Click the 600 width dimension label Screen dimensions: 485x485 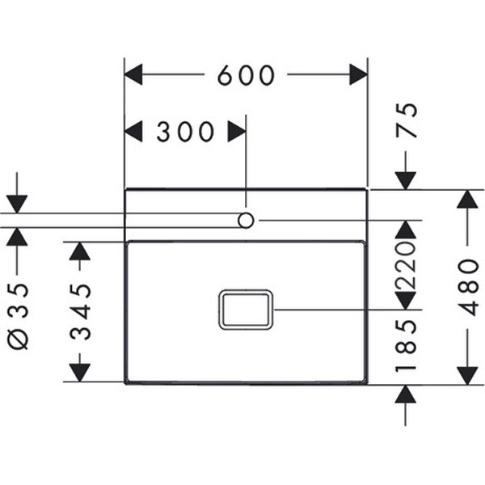[x=247, y=75]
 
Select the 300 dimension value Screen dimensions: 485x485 [x=185, y=132]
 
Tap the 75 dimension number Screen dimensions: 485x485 [x=409, y=120]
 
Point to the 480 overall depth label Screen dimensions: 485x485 [x=469, y=287]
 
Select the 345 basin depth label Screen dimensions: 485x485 [x=79, y=312]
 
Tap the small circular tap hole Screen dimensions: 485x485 [x=246, y=220]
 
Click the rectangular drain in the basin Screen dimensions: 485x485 [x=246, y=310]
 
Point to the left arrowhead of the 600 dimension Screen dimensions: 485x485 [x=133, y=75]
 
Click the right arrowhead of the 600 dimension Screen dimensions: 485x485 [x=358, y=75]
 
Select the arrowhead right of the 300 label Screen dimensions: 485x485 [x=236, y=132]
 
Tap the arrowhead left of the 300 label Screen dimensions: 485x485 [x=133, y=132]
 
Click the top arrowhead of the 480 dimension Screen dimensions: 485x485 [x=468, y=199]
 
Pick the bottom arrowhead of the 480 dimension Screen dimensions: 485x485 [x=468, y=374]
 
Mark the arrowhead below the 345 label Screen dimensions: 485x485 [x=79, y=373]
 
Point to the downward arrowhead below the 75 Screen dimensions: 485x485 [x=405, y=180]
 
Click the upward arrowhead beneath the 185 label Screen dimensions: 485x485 [x=405, y=394]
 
